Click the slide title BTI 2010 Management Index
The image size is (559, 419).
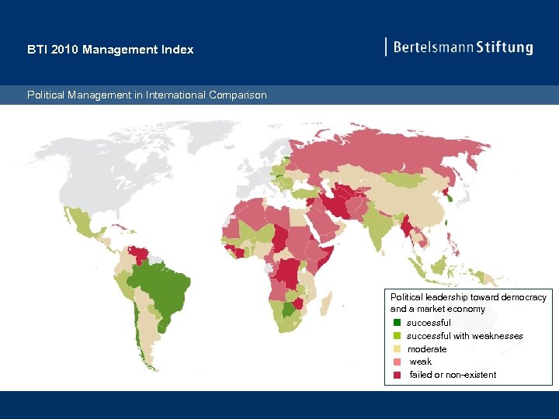click(110, 50)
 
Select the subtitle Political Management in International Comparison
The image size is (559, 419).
click(147, 95)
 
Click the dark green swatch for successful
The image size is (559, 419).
click(397, 323)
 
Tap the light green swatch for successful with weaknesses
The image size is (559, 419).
click(397, 336)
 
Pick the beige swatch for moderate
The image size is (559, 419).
click(397, 349)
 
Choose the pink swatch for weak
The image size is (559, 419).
click(397, 362)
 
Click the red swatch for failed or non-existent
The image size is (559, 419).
click(397, 375)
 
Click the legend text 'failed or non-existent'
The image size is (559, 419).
click(453, 375)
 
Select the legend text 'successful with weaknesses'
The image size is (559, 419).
click(464, 336)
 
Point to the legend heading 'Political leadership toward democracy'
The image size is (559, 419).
click(468, 297)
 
